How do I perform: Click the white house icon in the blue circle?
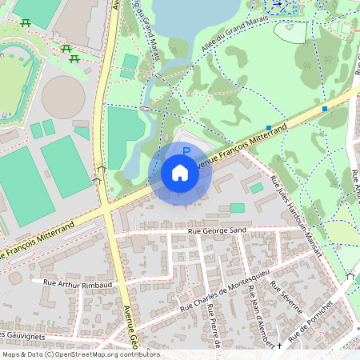[180, 172]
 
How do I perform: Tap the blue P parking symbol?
[186, 150]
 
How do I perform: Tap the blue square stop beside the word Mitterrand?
[268, 127]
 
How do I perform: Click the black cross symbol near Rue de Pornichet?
[278, 346]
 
